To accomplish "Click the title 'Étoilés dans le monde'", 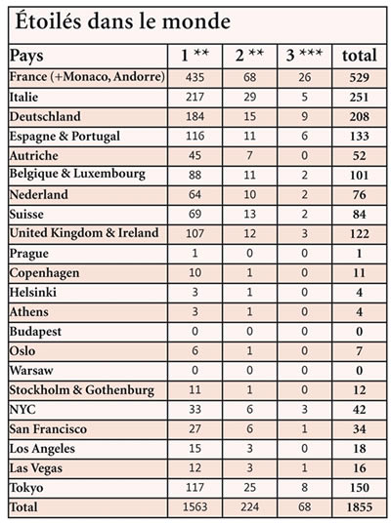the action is pos(122,21).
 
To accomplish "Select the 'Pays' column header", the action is pos(26,56).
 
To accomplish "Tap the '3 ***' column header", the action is pos(304,55).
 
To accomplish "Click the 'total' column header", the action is pos(360,56).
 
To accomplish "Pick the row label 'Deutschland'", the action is pos(45,116).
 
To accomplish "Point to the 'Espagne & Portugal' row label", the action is pos(65,137).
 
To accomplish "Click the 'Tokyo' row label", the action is pos(26,488).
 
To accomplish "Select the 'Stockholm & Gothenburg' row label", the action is pos(82,390).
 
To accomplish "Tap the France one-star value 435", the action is pos(195,77).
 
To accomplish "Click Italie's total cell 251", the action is pos(360,97).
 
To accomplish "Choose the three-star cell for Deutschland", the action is pos(304,116).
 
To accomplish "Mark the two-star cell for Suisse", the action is pos(249,214).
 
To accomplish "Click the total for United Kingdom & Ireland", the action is pos(360,233).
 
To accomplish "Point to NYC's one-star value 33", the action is pos(195,409).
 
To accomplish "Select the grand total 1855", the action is pos(360,507).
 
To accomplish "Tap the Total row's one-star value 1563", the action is pos(195,507).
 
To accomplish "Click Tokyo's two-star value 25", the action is pos(249,487).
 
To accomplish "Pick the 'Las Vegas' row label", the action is pos(36,468).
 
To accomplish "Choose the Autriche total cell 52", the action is pos(360,155).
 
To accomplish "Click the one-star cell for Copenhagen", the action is pos(195,272).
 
